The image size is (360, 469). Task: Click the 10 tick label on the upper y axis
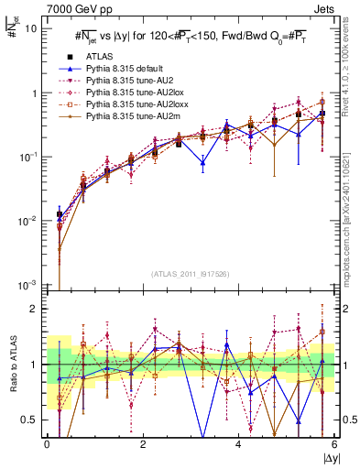click(29, 28)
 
